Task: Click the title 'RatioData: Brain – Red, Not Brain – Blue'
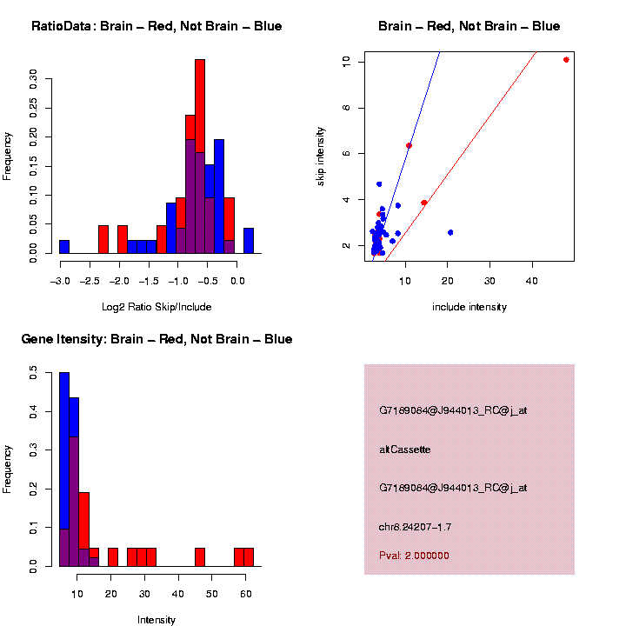[x=156, y=26]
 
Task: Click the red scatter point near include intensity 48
[x=566, y=60]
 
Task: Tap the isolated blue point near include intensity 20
[x=450, y=232]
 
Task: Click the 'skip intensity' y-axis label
[x=321, y=155]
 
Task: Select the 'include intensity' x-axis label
[x=469, y=306]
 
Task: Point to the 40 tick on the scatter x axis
[x=532, y=280]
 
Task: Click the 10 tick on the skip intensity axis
[x=346, y=62]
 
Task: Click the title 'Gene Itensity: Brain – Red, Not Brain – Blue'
[x=156, y=339]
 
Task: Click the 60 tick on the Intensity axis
[x=246, y=593]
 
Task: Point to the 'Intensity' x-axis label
[x=156, y=619]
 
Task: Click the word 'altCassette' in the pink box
[x=405, y=450]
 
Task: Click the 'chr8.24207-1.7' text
[x=415, y=527]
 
